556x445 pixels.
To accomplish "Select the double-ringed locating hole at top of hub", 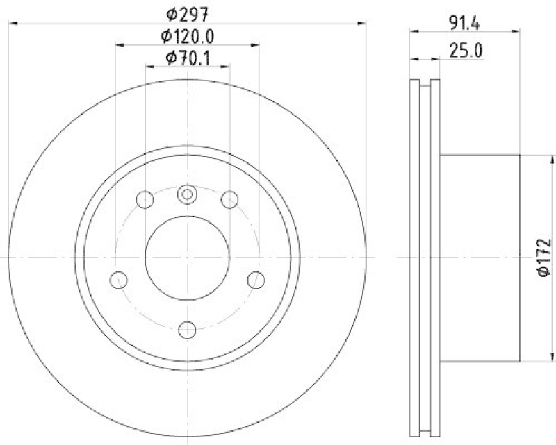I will coord(187,195).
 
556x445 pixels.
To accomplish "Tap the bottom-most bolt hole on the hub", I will coord(187,329).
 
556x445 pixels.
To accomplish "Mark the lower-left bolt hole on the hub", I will coord(119,280).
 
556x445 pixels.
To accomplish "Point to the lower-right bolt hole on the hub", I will coord(256,280).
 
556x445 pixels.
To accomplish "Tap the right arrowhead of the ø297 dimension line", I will coord(361,24).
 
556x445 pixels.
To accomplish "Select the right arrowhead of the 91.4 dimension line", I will coord(516,30).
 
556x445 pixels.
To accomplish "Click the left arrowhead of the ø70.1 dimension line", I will coord(149,67).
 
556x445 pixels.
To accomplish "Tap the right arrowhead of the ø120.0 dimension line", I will coord(255,45).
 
